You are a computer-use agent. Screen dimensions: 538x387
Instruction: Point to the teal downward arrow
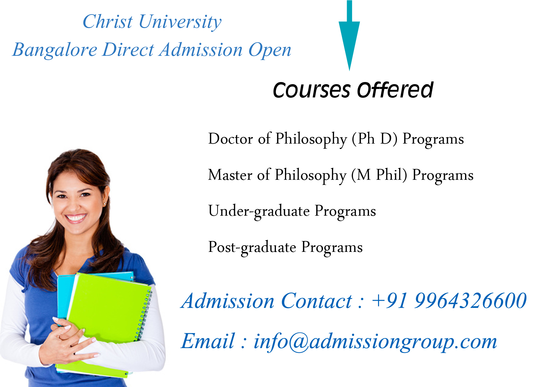coord(349,36)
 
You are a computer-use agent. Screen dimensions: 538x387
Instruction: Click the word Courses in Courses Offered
coord(312,90)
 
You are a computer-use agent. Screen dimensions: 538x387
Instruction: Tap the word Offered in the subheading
coord(395,90)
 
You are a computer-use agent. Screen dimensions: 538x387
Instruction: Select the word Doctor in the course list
coord(231,139)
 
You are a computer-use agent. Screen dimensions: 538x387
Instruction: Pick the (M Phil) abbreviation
coord(379,175)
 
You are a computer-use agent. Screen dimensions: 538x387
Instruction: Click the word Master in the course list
coord(230,175)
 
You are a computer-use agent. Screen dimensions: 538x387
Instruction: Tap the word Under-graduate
coord(259,211)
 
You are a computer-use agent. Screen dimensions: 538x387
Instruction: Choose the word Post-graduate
coord(252,248)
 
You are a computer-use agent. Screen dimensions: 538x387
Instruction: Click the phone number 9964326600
coord(471,301)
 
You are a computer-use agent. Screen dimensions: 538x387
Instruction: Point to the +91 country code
coord(390,301)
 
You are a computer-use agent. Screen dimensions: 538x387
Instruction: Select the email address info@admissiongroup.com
coord(375,341)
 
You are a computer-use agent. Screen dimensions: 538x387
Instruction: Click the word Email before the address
coord(208,341)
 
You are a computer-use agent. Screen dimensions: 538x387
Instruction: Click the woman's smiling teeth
coord(76,217)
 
